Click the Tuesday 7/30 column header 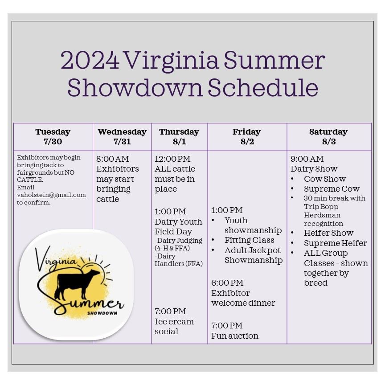53,137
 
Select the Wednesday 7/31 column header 122,137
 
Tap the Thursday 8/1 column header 179,137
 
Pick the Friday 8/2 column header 246,137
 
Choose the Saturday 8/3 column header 329,137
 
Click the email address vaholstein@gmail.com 51,195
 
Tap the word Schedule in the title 263,88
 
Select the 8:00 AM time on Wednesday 112,159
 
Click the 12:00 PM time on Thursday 172,159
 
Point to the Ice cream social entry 174,326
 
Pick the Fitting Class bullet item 250,240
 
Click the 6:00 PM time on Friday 227,283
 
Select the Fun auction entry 235,336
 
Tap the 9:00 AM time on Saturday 307,159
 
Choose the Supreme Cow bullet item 332,188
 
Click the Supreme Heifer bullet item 335,243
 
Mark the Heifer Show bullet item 328,233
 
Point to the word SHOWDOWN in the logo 102,313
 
